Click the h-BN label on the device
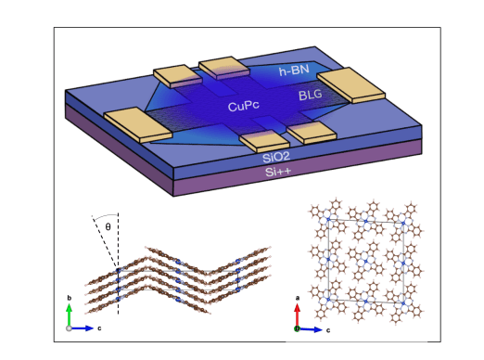tap(295, 71)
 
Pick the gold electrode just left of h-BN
tap(223, 67)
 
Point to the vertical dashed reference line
tap(117, 246)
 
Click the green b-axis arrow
tap(69, 315)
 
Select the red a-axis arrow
tap(297, 315)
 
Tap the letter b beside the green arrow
tap(69, 299)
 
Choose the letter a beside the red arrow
tap(297, 299)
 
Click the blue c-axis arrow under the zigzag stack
tap(82, 328)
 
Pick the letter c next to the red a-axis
tap(330, 328)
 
